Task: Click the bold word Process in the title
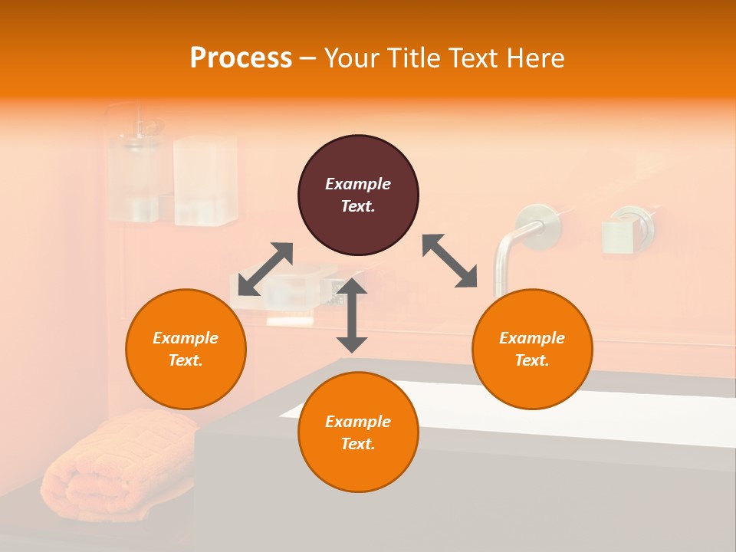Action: pyautogui.click(x=241, y=58)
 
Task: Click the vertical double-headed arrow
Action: pyautogui.click(x=352, y=316)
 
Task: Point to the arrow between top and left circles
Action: pyautogui.click(x=265, y=269)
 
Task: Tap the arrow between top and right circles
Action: pyautogui.click(x=449, y=261)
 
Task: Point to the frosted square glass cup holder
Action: pyautogui.click(x=205, y=181)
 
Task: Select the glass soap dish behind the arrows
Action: pyautogui.click(x=299, y=287)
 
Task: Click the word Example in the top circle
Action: pyautogui.click(x=358, y=184)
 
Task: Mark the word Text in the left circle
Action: pyautogui.click(x=186, y=360)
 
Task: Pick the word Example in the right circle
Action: pyautogui.click(x=532, y=338)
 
